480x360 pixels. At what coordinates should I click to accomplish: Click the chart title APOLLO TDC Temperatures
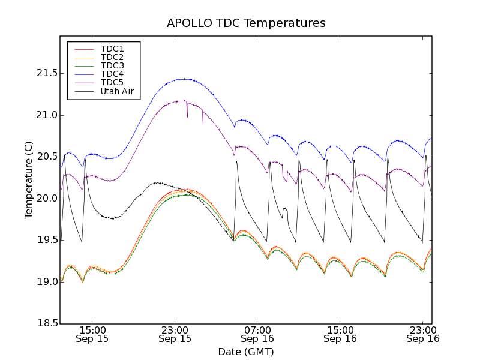coord(246,23)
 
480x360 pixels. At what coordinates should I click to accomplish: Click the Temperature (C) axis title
coord(29,180)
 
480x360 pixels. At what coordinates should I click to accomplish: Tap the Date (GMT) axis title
coord(246,352)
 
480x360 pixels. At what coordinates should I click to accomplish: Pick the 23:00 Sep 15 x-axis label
coord(175,334)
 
